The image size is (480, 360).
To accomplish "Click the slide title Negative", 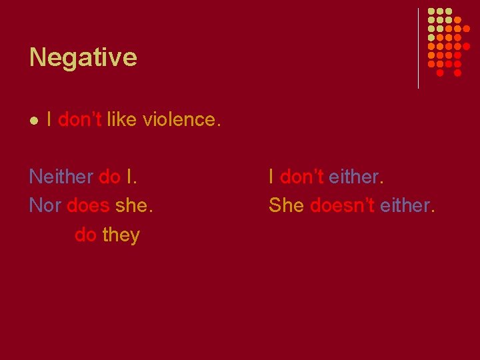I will (83, 57).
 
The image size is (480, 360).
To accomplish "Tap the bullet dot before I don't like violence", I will (33, 120).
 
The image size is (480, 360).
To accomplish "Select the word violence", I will (179, 119).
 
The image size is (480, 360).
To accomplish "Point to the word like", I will (121, 119).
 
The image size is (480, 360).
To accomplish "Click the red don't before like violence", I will (80, 119).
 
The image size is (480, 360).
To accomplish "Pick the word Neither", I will (61, 177).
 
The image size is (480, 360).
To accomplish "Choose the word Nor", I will (45, 205).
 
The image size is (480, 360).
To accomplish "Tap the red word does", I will (88, 205).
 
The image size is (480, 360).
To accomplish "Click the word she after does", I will (133, 205).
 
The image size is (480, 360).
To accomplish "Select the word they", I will (121, 235).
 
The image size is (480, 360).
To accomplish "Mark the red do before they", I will (85, 235).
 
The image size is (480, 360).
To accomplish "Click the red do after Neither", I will (109, 177).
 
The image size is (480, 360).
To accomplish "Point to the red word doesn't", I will (342, 205).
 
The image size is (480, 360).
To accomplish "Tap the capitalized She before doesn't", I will (286, 205).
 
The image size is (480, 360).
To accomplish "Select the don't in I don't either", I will (301, 177).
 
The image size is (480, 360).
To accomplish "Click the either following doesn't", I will (407, 205).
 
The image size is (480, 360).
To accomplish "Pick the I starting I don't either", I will (271, 177).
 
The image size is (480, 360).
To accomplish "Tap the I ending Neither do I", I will (129, 177).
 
